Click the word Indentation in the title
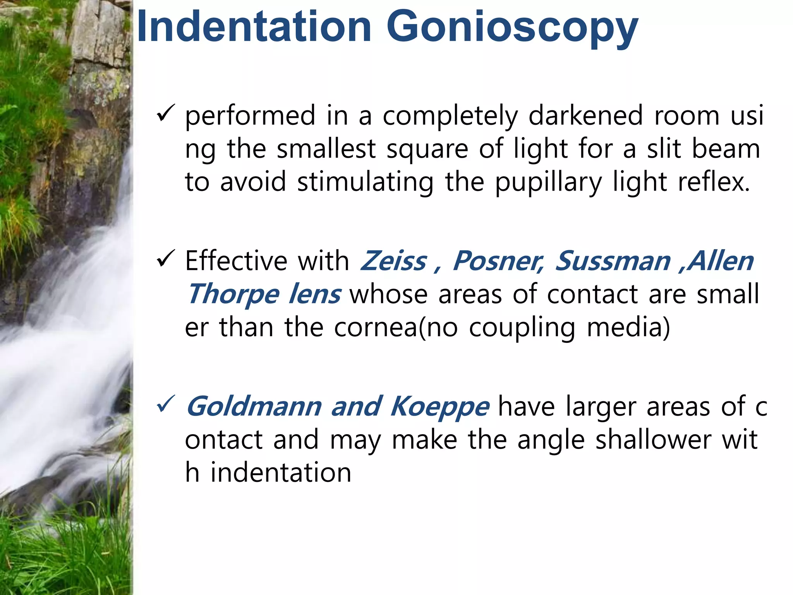(254, 27)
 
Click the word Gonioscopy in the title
(512, 28)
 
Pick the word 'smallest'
(326, 149)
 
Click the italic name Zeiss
(393, 261)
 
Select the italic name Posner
(498, 261)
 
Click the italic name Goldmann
(254, 406)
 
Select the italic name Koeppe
(439, 407)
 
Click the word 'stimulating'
(365, 182)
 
